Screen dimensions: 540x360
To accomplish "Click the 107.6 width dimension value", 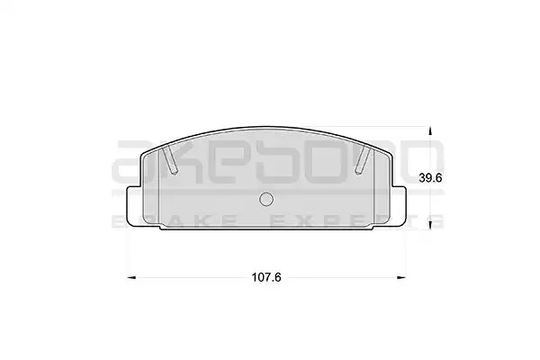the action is click(266, 277).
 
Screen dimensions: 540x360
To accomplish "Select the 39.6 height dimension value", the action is click(430, 178).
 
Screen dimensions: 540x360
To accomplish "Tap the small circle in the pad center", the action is click(266, 199).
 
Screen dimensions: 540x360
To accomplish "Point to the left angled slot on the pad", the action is click(170, 159).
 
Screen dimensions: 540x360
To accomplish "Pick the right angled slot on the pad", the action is click(364, 159).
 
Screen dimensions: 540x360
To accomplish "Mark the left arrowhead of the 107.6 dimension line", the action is click(131, 277).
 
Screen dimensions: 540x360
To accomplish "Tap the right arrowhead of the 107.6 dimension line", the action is click(401, 277).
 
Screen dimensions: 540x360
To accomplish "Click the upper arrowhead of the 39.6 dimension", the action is click(429, 131).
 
